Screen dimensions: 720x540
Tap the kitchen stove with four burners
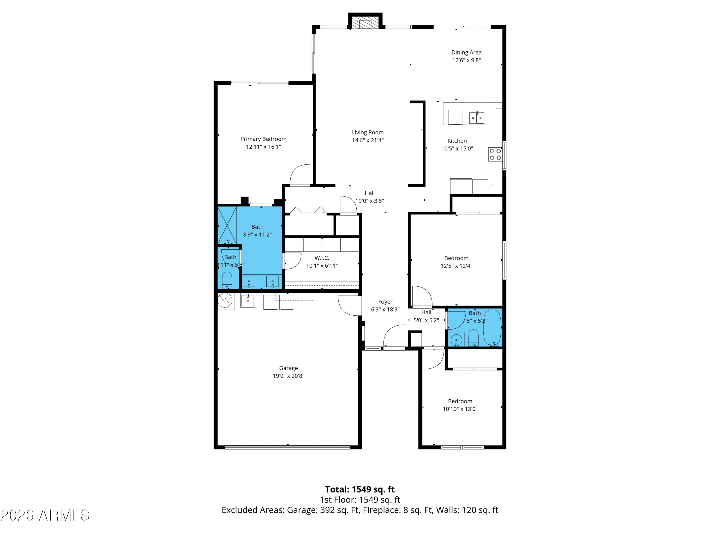(495, 154)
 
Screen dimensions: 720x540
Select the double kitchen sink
(477, 118)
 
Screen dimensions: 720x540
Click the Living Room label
(368, 132)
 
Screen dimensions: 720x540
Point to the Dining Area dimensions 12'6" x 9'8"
(466, 60)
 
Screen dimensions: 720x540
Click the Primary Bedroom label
(263, 139)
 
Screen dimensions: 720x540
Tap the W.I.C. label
(322, 258)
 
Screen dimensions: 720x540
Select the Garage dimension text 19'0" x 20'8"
(288, 376)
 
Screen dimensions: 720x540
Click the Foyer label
(385, 302)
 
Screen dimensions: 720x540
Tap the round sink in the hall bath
(456, 340)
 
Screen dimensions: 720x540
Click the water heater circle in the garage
(225, 300)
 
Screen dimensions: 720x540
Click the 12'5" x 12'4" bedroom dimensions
(456, 266)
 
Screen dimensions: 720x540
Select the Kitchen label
(457, 141)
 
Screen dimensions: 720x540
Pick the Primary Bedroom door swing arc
(294, 171)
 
